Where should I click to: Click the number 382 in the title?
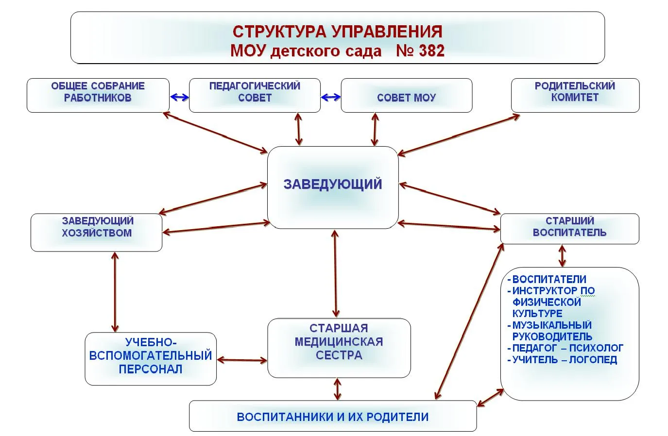[x=431, y=50]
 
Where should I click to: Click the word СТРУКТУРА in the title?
[x=279, y=32]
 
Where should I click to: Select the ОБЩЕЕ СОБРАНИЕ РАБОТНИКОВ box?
[x=98, y=95]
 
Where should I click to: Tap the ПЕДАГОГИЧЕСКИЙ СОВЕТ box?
[x=255, y=95]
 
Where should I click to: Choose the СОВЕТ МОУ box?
[x=407, y=95]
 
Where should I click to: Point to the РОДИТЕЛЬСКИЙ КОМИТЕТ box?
[x=575, y=95]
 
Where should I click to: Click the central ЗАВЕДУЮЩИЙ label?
[x=333, y=184]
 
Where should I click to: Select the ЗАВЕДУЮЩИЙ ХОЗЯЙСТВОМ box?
[x=96, y=233]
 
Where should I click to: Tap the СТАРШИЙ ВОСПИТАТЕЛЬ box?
[x=569, y=229]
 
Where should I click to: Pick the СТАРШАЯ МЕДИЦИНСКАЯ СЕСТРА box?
[x=339, y=348]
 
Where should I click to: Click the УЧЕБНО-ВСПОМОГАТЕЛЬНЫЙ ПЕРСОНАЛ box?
[x=151, y=359]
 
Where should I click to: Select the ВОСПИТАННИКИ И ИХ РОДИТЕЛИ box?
[x=333, y=416]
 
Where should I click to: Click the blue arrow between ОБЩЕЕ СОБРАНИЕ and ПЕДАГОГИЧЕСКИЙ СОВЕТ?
[x=180, y=97]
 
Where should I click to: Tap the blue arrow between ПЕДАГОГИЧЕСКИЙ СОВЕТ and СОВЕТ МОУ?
[x=331, y=97]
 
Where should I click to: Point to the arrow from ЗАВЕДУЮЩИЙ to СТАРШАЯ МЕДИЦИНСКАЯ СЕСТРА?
[x=336, y=273]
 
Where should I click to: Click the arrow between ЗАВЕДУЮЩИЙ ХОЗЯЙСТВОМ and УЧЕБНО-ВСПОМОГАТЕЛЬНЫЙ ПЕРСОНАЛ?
[x=115, y=292]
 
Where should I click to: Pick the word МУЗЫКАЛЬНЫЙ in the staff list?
[x=552, y=325]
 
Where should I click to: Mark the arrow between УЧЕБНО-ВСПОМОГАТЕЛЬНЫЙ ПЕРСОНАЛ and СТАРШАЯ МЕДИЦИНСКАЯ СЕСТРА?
[x=242, y=360]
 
